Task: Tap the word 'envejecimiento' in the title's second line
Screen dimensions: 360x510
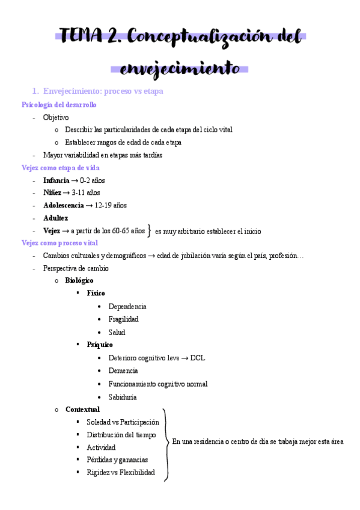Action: click(180, 67)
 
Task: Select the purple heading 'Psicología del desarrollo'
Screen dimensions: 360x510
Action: click(59, 105)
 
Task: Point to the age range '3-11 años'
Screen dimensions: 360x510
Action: click(88, 193)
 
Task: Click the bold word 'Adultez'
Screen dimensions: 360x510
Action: click(55, 218)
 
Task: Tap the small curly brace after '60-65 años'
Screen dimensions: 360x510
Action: click(150, 230)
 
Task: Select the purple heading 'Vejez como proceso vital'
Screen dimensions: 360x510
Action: click(59, 243)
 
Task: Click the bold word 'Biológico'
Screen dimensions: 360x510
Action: click(79, 280)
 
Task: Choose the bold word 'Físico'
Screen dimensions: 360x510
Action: click(95, 293)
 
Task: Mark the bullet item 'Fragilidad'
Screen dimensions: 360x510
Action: click(123, 319)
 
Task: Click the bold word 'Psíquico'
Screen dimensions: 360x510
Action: click(99, 345)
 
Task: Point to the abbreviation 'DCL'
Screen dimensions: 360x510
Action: click(197, 357)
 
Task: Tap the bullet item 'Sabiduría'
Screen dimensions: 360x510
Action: click(123, 397)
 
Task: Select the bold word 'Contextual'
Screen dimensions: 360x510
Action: click(82, 410)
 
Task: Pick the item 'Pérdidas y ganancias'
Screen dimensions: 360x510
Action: click(117, 459)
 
